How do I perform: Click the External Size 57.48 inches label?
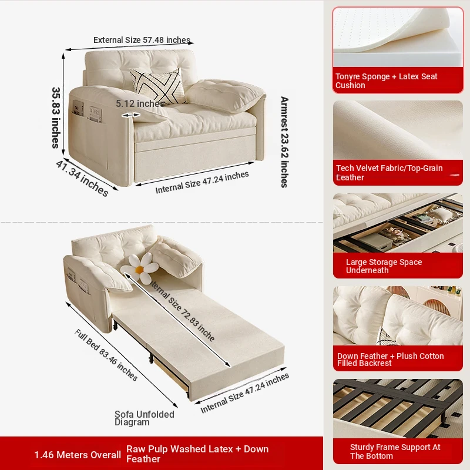pos(142,40)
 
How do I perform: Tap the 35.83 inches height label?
pos(56,117)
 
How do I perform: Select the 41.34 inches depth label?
pos(82,179)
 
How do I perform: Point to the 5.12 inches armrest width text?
pos(140,104)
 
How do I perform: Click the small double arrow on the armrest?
pos(130,115)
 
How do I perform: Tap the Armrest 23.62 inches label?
pos(284,142)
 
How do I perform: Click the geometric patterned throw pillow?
pos(157,86)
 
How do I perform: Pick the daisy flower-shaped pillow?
pos(140,268)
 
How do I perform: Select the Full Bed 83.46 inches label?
pos(106,355)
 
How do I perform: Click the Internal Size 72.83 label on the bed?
pos(182,311)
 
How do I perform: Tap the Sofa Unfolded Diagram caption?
pos(144,418)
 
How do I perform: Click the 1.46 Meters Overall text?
pos(78,455)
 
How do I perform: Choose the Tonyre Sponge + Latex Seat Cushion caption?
pos(387,80)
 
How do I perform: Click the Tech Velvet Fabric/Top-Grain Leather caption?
pos(389,172)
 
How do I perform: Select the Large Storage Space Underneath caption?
pos(384,266)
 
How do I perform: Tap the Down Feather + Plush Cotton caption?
pos(390,360)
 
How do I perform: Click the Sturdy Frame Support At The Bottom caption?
pos(395,451)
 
